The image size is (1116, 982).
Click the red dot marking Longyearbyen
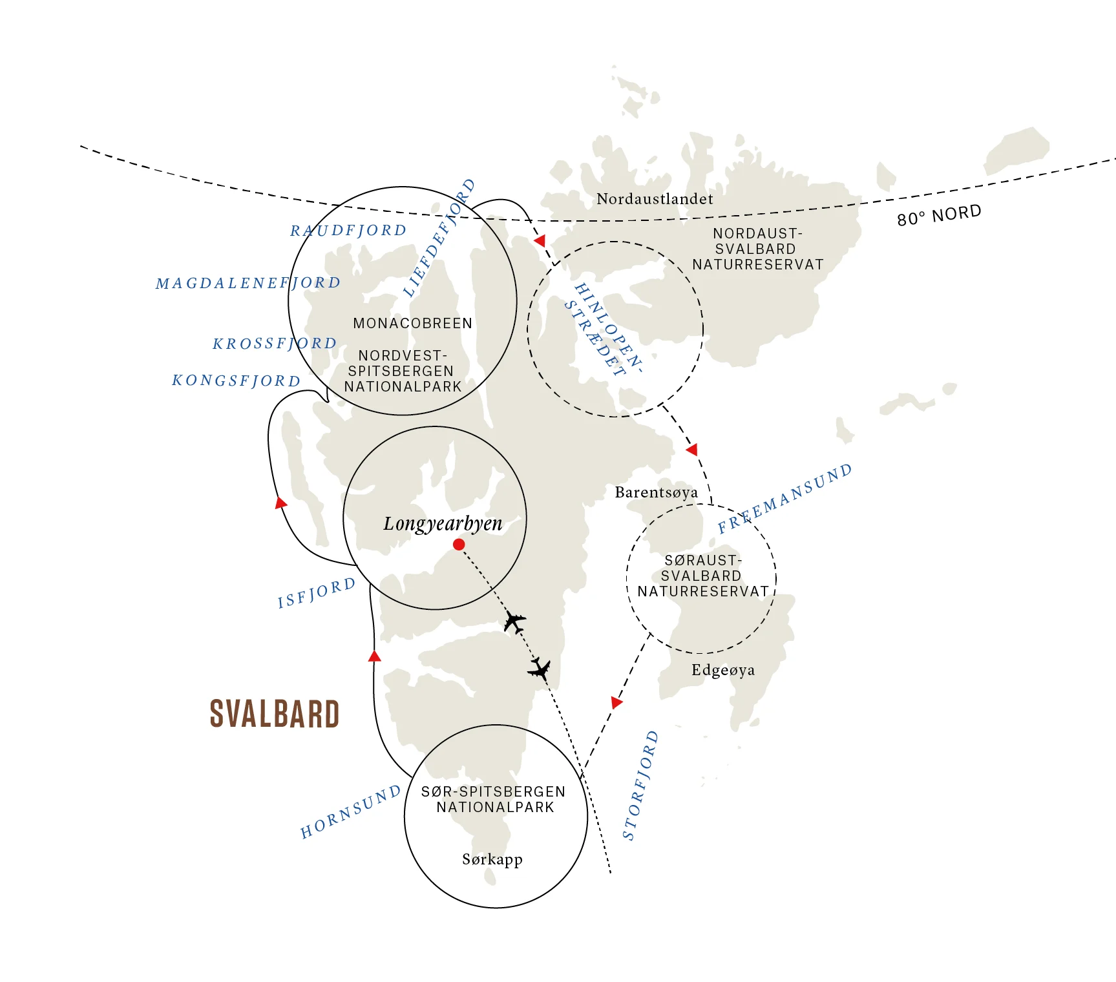[459, 545]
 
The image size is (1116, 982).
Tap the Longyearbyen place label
[443, 523]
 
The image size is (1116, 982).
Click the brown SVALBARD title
[275, 714]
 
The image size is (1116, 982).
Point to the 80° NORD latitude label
[939, 215]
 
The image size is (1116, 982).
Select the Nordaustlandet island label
[655, 199]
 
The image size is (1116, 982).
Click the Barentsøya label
[656, 492]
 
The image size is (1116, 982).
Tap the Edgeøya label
[722, 670]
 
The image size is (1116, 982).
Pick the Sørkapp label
[492, 859]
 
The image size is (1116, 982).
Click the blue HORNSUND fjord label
[350, 812]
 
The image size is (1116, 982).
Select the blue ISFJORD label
[317, 593]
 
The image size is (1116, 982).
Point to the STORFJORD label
[640, 785]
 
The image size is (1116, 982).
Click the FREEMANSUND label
[784, 498]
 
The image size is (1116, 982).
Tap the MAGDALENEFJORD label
[248, 283]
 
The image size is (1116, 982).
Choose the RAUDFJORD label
[348, 231]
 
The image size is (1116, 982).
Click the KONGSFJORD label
[237, 381]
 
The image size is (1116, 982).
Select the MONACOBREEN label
[412, 323]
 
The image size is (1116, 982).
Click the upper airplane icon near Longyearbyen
[514, 622]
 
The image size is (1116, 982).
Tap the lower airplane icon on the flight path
[539, 669]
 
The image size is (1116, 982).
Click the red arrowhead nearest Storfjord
[616, 702]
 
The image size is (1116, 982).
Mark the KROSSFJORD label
[275, 343]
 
